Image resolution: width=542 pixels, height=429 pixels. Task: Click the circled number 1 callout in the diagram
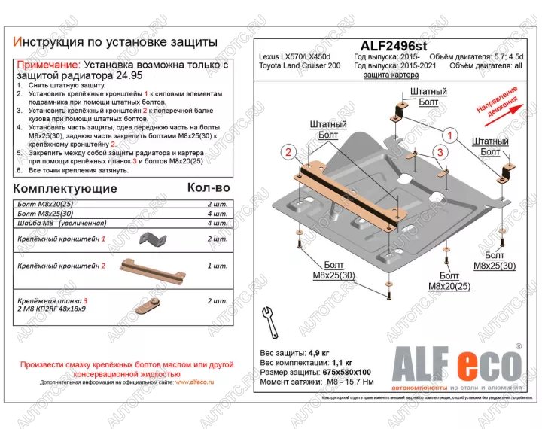coord(449,136)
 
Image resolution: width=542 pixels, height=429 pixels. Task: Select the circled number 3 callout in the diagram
coord(437,154)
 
